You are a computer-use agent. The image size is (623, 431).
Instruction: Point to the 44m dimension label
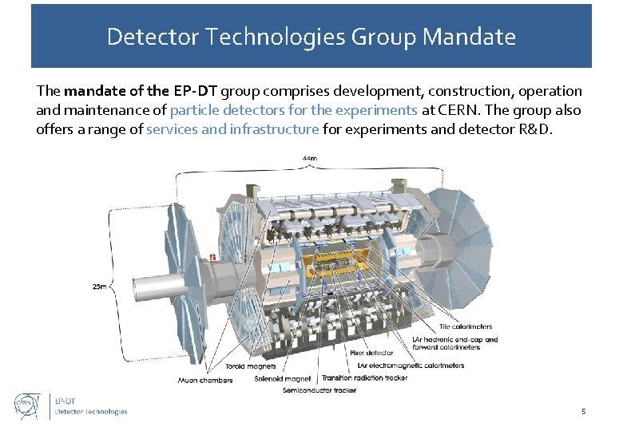pyautogui.click(x=309, y=158)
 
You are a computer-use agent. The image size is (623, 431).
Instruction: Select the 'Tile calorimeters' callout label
pyautogui.click(x=466, y=326)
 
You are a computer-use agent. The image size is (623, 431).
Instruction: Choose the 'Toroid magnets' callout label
pyautogui.click(x=251, y=366)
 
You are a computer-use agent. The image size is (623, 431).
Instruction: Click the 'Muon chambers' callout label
pyautogui.click(x=205, y=380)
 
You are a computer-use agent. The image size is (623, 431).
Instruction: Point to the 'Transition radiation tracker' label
pyautogui.click(x=363, y=378)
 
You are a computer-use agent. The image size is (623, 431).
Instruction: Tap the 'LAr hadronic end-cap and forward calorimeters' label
pyautogui.click(x=454, y=343)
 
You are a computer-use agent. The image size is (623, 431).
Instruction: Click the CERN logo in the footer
pyautogui.click(x=28, y=405)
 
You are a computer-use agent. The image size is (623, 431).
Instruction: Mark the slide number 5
pyautogui.click(x=583, y=412)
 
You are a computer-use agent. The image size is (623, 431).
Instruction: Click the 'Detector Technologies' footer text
pyautogui.click(x=90, y=412)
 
